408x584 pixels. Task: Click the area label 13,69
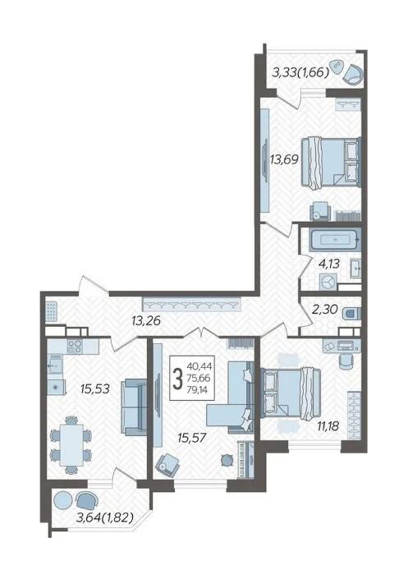[x=284, y=160]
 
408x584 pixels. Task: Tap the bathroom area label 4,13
[x=328, y=264]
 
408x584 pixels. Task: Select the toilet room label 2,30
[x=325, y=310]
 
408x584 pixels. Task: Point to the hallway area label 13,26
[x=146, y=320]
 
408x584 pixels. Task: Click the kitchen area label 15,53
[x=95, y=389]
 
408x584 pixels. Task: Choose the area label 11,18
[x=327, y=425]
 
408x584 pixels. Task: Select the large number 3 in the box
[x=179, y=378]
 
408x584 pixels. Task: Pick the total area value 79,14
[x=199, y=390]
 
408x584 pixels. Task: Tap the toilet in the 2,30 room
[x=352, y=314]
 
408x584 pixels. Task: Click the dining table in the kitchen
[x=71, y=444]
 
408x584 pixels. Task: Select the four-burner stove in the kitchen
[x=75, y=347]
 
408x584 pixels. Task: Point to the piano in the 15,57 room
[x=245, y=459]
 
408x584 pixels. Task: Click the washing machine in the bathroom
[x=328, y=282]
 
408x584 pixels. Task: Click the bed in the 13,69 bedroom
[x=331, y=162]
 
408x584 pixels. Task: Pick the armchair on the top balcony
[x=352, y=74]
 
